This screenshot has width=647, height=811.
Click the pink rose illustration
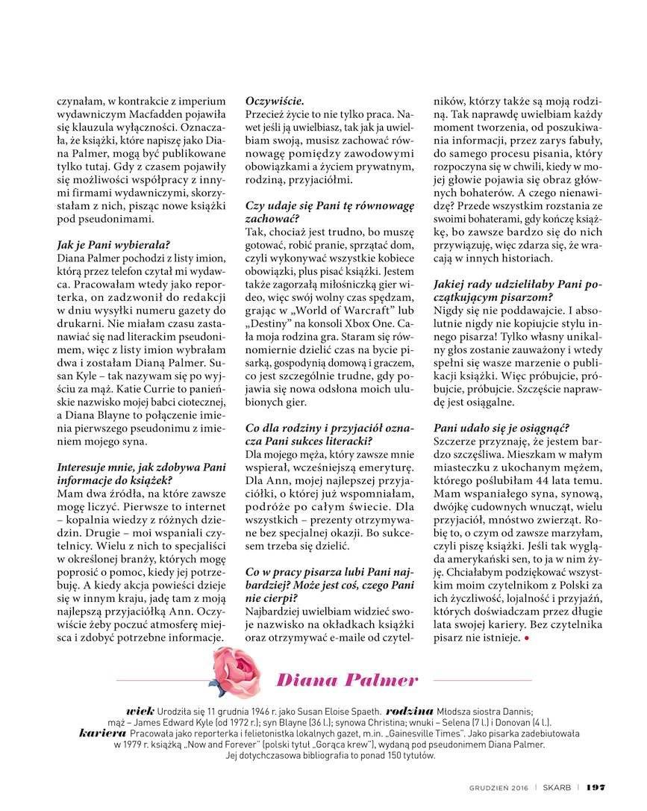click(x=237, y=672)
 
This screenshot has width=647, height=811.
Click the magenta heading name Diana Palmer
click(x=347, y=680)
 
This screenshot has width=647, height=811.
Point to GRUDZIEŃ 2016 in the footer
click(x=504, y=788)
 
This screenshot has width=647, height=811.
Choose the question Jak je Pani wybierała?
click(x=113, y=243)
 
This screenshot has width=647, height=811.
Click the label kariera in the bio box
click(x=101, y=733)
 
